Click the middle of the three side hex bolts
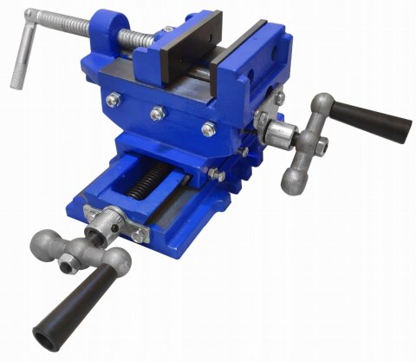157,112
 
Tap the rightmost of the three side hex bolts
207,129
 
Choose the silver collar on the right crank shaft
280,134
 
